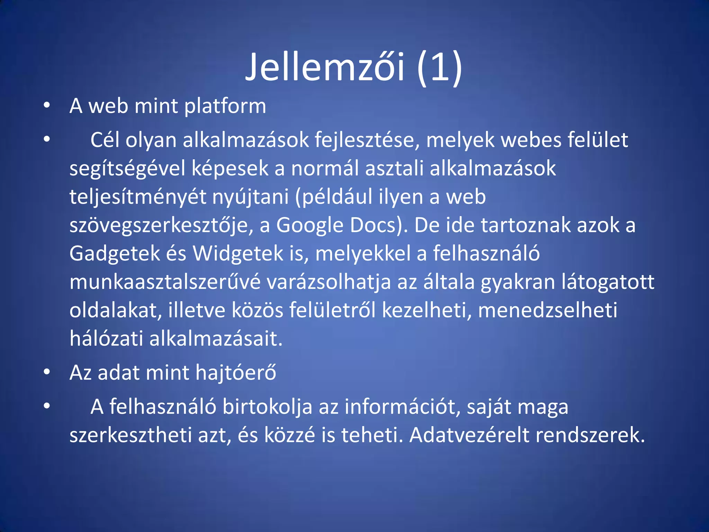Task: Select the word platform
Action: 225,106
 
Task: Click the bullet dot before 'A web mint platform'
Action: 47,105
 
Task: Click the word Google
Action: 310,226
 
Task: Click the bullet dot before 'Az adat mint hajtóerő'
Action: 47,372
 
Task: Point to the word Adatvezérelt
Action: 469,435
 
